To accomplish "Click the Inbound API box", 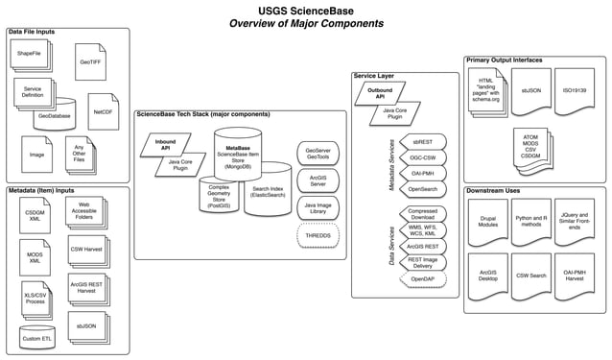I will [166, 146].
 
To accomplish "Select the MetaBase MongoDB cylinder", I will [246, 155].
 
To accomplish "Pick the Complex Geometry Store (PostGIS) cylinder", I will [221, 197].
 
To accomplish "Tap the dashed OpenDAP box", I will [422, 277].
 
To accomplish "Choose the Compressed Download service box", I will [422, 214].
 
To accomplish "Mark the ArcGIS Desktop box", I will [488, 276].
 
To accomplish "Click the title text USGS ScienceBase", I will [306, 10].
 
